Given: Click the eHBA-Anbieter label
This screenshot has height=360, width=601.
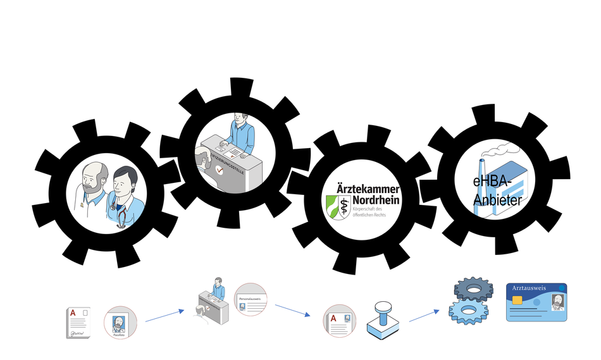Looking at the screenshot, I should click(497, 191).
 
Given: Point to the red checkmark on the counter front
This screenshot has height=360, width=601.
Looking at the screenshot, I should click(219, 170).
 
